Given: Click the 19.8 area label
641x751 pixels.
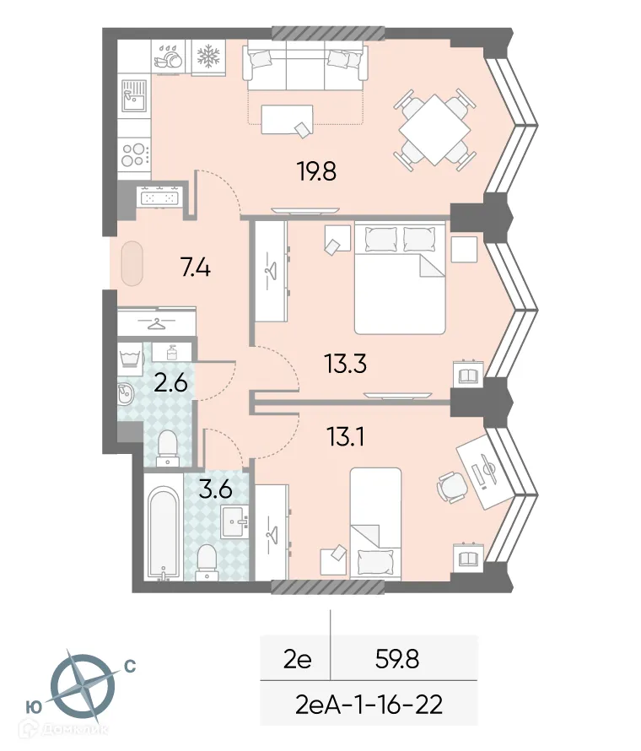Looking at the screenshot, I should click(x=316, y=172).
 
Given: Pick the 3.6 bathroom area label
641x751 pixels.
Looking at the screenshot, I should click(x=215, y=489).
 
